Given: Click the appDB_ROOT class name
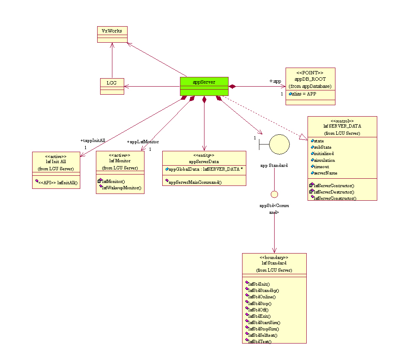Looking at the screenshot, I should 310,79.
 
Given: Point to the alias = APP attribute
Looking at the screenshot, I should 304,94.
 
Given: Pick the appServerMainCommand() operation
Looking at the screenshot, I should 195,182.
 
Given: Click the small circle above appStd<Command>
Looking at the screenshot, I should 274,194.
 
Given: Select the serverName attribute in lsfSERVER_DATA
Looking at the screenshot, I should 325,173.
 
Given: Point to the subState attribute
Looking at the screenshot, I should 323,147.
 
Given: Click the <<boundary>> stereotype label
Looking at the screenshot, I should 274,257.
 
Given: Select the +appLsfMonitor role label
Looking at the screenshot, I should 143,142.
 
